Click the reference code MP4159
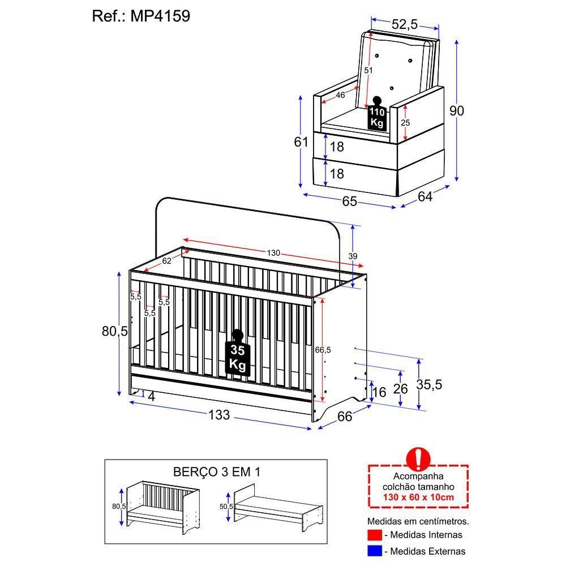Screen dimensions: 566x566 (161, 16)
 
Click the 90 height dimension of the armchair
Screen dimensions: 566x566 (456, 110)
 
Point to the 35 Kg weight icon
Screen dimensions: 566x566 (237, 355)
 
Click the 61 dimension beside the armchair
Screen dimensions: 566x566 (301, 142)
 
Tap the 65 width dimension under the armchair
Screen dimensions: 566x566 (349, 201)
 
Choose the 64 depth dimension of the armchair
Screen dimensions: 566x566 (425, 196)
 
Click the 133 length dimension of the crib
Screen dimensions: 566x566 (219, 415)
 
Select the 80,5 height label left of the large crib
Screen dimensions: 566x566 (115, 331)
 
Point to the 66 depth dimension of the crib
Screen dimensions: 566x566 (345, 416)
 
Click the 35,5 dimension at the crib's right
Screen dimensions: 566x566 (429, 384)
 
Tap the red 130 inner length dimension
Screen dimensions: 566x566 (274, 253)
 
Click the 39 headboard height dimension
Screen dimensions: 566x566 (353, 256)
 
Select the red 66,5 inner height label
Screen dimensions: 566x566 (323, 350)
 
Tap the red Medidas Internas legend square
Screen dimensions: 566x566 (373, 535)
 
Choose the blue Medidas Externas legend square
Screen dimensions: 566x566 (373, 551)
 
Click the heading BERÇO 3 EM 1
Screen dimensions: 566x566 (216, 471)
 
